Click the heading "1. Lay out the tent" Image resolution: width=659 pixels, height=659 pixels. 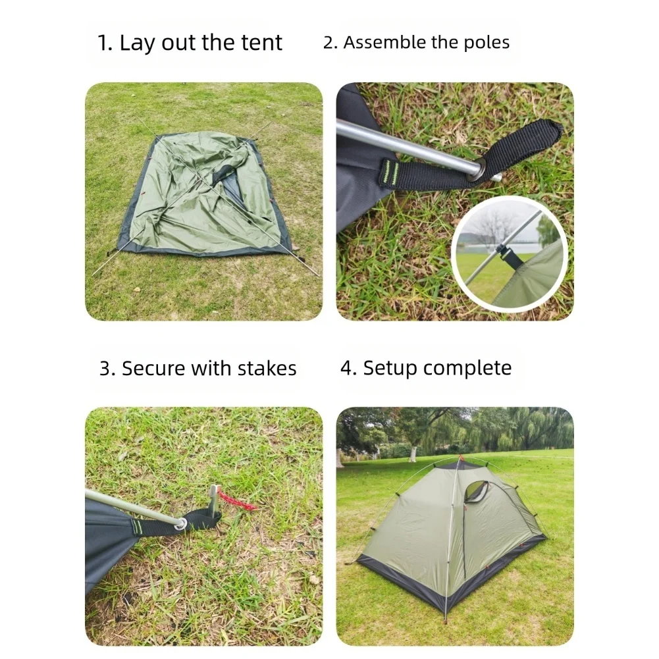190,43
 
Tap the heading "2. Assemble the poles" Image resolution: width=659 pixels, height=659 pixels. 416,43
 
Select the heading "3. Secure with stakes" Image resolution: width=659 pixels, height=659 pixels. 198,368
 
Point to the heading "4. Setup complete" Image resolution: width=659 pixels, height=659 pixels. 425,367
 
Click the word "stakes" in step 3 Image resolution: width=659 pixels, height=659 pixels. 267,368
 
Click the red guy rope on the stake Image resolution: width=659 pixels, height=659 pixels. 238,500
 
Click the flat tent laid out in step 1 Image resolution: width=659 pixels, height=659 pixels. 204,194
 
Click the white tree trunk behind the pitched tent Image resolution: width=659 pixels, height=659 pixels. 413,453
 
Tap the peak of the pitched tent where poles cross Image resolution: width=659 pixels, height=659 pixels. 459,461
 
